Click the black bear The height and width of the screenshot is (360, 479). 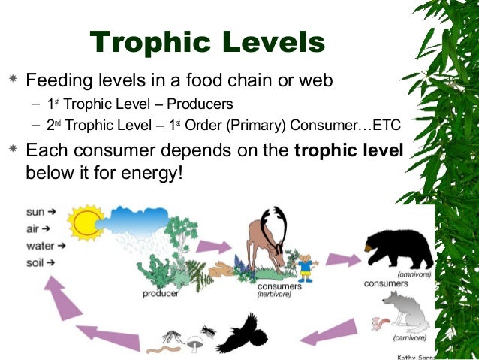tap(399, 249)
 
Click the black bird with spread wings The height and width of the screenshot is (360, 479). tap(243, 331)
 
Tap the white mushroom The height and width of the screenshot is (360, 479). tap(194, 343)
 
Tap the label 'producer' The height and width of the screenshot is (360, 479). tap(161, 294)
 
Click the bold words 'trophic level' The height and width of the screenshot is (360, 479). tap(349, 150)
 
